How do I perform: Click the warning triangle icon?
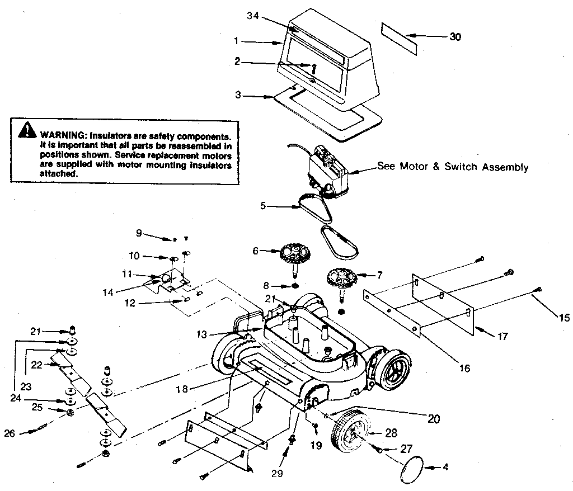27,131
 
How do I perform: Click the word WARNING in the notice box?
59,136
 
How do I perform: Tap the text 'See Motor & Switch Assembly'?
452,167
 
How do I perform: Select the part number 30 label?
456,37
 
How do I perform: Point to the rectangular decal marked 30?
400,39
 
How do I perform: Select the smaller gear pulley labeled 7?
339,278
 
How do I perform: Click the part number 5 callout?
263,206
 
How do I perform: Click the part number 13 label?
202,334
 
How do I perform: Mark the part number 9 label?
139,232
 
